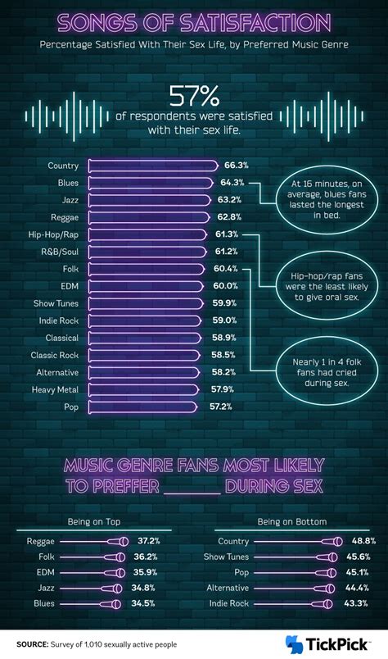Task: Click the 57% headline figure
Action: pyautogui.click(x=192, y=98)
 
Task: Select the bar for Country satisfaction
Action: pyautogui.click(x=151, y=165)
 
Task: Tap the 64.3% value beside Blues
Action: pyautogui.click(x=232, y=182)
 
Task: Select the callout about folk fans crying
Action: pyautogui.click(x=321, y=370)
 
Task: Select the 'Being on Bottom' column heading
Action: pyautogui.click(x=291, y=521)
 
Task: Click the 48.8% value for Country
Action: pyautogui.click(x=363, y=541)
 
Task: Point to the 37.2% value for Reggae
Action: pyautogui.click(x=148, y=541)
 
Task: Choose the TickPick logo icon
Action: pyautogui.click(x=294, y=644)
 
